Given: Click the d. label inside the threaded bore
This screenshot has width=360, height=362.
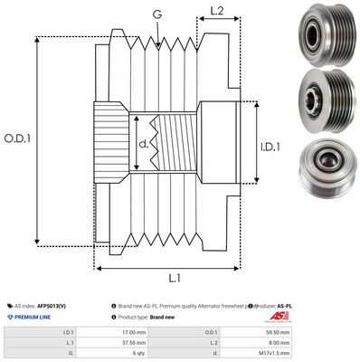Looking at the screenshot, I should tap(143, 142).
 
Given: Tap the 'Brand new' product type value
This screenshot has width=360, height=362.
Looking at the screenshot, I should tap(163, 317).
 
